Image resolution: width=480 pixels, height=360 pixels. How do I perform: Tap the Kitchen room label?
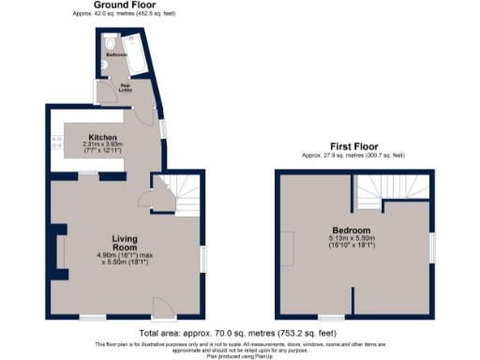tap(102, 135)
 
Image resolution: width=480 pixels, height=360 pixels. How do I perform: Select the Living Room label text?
tap(125, 243)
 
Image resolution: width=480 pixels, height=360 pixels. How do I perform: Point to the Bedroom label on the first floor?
tap(352, 231)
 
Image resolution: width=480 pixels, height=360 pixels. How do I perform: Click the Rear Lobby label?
tap(125, 89)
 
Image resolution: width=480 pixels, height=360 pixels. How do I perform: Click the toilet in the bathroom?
tap(110, 45)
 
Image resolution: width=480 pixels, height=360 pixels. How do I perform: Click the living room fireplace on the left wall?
tap(59, 254)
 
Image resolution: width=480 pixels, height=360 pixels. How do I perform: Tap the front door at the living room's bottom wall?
tap(161, 307)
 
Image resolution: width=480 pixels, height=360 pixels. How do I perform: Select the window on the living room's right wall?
tap(203, 259)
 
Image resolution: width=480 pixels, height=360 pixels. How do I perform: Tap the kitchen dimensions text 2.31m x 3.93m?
tap(102, 143)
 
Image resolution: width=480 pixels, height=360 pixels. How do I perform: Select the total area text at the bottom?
tap(238, 334)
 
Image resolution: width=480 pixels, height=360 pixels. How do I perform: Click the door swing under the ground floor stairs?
tap(145, 198)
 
